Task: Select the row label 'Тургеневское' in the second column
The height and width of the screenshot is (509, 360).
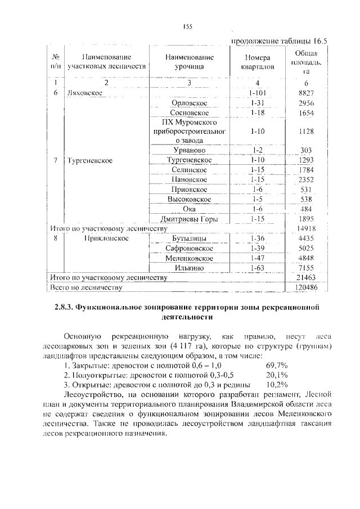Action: [x=90, y=160]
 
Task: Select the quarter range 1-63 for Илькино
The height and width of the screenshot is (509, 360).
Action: [x=258, y=268]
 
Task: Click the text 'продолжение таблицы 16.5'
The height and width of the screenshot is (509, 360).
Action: [x=279, y=40]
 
